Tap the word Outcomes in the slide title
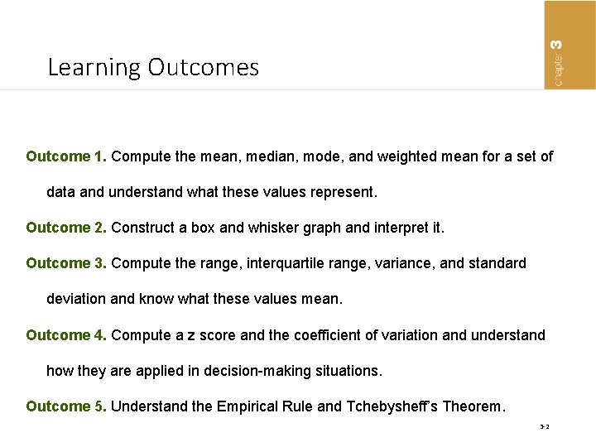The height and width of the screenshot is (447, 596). (x=204, y=67)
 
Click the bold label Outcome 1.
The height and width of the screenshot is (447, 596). (x=66, y=156)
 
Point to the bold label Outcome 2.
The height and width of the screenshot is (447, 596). (x=66, y=228)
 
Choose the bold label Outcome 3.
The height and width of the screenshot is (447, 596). (x=66, y=263)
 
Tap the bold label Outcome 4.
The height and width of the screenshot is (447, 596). (x=66, y=335)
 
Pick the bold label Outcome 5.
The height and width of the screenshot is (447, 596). (x=66, y=406)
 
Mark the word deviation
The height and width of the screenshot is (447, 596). (x=77, y=299)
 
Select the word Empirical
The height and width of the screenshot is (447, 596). (x=248, y=406)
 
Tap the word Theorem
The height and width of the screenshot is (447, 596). (x=473, y=406)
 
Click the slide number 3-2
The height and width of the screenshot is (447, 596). (x=545, y=428)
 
